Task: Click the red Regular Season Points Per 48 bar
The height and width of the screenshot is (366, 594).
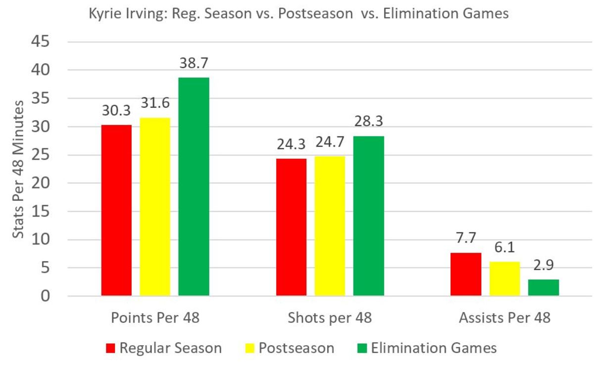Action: point(116,210)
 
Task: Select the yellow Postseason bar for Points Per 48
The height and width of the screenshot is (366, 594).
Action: point(155,207)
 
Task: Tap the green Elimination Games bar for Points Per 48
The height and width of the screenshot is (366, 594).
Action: point(194,187)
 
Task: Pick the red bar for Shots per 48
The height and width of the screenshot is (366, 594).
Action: point(291,228)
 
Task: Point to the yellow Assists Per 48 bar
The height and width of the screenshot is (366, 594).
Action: point(504,279)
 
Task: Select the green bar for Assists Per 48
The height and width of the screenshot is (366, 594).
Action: point(544,288)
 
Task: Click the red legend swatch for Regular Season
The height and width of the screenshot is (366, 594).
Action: point(111,348)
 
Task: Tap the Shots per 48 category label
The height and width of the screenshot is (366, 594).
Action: point(330,318)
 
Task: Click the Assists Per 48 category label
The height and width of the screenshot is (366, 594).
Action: point(504,318)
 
